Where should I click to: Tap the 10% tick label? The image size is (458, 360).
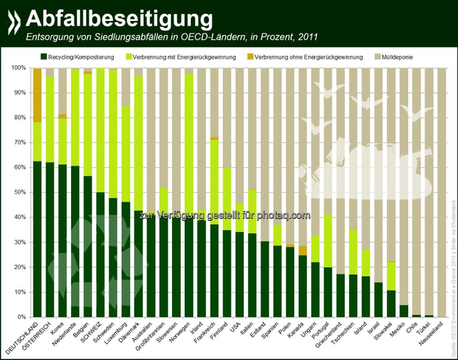click(x=20, y=292)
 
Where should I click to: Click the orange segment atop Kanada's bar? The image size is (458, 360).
click(x=302, y=250)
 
